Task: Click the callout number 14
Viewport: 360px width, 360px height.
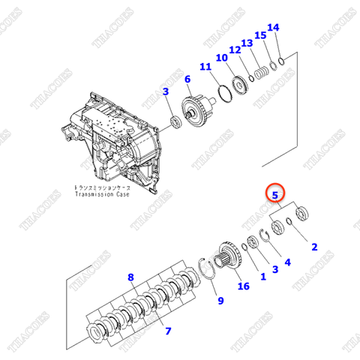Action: click(273, 28)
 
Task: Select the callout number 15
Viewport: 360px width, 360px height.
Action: click(260, 35)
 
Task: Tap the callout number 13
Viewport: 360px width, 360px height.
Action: click(247, 43)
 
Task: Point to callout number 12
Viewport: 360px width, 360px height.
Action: click(235, 50)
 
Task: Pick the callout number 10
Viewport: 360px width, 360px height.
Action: click(221, 58)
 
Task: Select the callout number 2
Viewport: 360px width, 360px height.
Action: click(314, 246)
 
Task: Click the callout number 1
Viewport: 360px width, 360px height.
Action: click(262, 276)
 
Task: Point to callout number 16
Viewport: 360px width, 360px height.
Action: click(242, 286)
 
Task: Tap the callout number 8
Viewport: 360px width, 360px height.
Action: click(131, 277)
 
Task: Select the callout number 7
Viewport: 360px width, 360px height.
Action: click(168, 330)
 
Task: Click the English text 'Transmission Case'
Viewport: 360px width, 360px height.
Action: click(102, 195)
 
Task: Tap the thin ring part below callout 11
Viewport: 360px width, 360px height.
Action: click(223, 97)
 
